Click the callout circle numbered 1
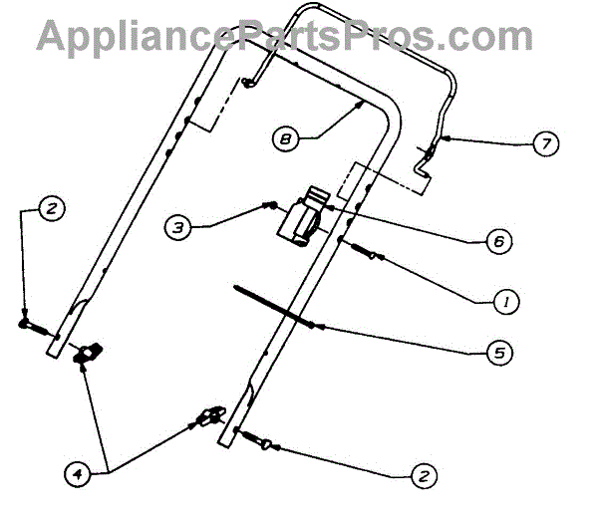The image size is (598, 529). click(x=508, y=298)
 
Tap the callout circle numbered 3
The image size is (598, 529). click(x=175, y=228)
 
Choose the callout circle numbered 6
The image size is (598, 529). click(x=498, y=242)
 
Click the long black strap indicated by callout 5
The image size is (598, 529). click(x=274, y=305)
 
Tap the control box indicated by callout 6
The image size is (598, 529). click(x=303, y=216)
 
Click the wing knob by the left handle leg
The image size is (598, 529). click(x=88, y=352)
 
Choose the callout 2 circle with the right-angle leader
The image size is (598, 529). click(x=51, y=209)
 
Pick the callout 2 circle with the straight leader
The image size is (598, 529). click(x=425, y=477)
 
